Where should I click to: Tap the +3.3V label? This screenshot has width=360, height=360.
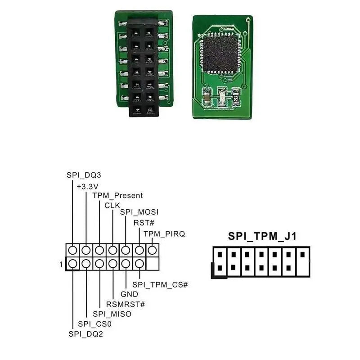click(88, 185)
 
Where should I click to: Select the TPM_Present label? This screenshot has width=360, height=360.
click(117, 195)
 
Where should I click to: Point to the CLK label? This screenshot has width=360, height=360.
click(112, 205)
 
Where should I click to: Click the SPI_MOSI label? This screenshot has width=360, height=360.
click(139, 212)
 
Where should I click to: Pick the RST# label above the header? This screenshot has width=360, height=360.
click(144, 223)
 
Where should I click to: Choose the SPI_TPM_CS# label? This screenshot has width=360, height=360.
click(160, 284)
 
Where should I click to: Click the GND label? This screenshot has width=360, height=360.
click(130, 294)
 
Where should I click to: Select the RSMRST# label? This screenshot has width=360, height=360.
click(126, 304)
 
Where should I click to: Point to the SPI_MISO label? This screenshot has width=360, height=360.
click(112, 314)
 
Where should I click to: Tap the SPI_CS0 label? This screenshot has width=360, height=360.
click(94, 324)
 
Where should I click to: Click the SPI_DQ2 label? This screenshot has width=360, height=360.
click(85, 333)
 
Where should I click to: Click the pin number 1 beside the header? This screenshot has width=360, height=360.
click(61, 264)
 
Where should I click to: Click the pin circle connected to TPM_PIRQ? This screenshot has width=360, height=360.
click(153, 250)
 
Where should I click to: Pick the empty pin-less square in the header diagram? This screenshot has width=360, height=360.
click(153, 263)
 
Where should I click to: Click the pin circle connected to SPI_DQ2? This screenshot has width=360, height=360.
click(72, 263)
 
